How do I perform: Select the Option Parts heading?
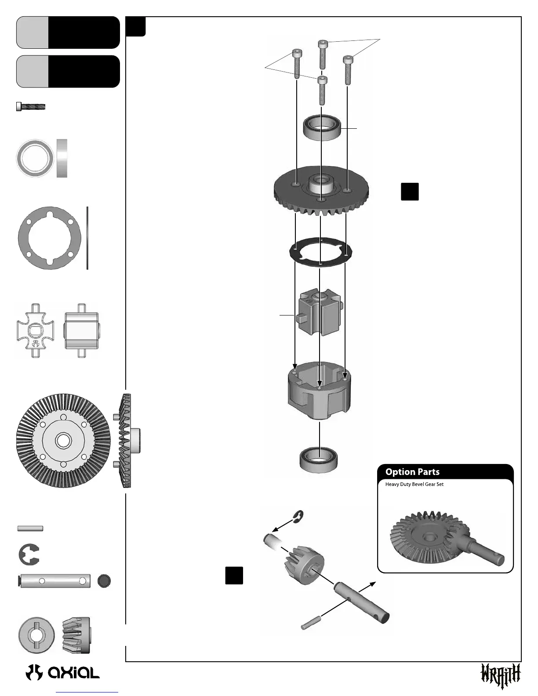[x=412, y=472]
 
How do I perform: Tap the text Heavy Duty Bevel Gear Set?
[x=414, y=484]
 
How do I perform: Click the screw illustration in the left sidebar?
[x=31, y=107]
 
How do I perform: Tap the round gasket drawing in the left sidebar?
[x=49, y=238]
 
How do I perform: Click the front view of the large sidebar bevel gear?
[x=63, y=440]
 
